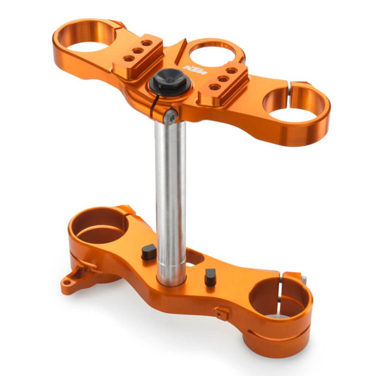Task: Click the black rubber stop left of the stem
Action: click(148, 252)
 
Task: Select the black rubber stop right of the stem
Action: click(210, 276)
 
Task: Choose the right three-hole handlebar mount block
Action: click(224, 80)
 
